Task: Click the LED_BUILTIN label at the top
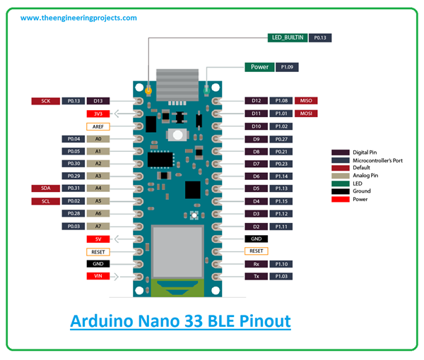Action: click(288, 37)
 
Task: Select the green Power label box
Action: click(259, 67)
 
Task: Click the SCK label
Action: click(45, 101)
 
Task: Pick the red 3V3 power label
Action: click(98, 114)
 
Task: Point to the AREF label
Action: click(98, 126)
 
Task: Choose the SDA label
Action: click(45, 188)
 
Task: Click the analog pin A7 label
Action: click(98, 226)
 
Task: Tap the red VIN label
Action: click(98, 276)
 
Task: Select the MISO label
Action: click(306, 101)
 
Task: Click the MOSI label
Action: click(306, 114)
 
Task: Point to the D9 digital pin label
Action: click(257, 139)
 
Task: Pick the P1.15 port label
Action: click(281, 201)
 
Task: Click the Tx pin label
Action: click(257, 276)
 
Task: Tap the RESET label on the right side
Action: click(257, 251)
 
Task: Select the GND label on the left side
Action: click(98, 263)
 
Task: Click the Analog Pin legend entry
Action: click(365, 175)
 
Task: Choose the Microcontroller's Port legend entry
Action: click(374, 160)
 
